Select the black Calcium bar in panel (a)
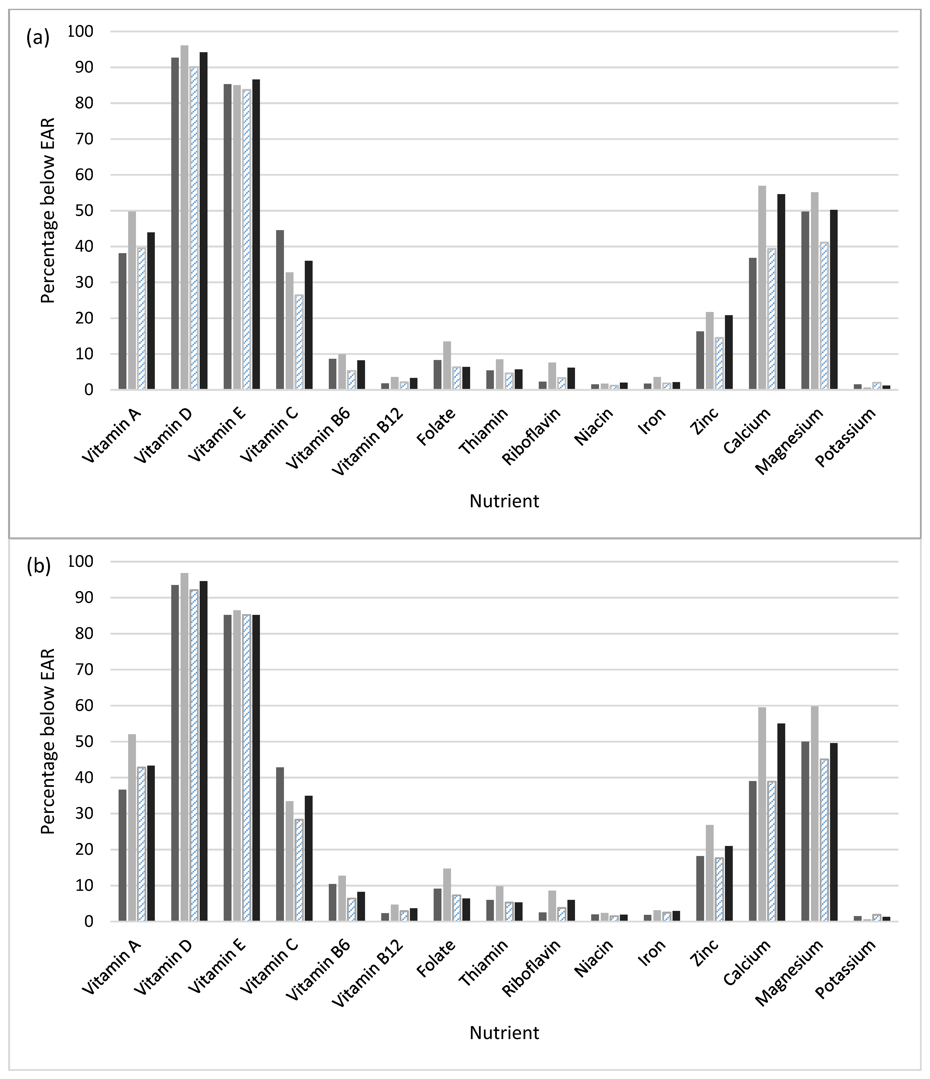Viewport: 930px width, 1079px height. tap(781, 292)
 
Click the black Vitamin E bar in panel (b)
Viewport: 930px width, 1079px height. tap(256, 768)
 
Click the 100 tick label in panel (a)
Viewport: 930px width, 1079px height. tap(80, 31)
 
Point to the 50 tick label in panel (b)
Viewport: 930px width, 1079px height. tap(83, 742)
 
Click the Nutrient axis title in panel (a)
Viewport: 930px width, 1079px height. tap(504, 501)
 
